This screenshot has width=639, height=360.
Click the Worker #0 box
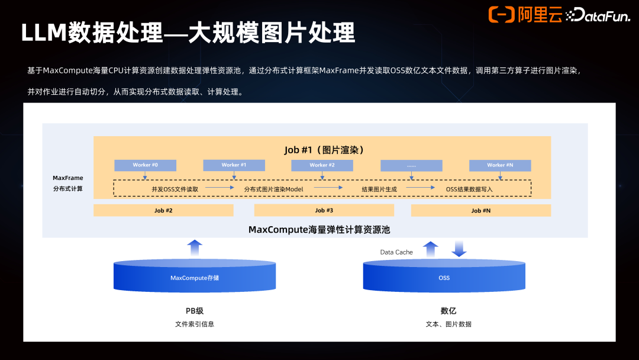[x=145, y=165]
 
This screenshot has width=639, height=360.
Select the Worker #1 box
[x=234, y=165]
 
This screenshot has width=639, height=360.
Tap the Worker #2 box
[x=322, y=165]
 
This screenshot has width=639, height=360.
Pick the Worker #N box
[x=500, y=165]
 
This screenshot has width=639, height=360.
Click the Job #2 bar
[x=163, y=210]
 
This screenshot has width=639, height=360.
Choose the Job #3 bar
[x=324, y=210]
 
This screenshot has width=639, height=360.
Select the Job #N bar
[x=480, y=210]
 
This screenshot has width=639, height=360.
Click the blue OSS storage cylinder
[x=444, y=277]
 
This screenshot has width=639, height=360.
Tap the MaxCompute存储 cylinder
[x=195, y=277]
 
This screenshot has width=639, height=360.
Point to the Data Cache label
[x=396, y=252]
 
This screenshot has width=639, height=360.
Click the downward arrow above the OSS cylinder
[x=459, y=249]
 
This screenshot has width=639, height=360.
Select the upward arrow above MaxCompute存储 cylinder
[x=195, y=247]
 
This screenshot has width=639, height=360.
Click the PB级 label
[x=195, y=311]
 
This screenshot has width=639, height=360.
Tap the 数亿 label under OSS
[x=448, y=311]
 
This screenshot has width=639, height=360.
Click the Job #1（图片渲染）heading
[x=324, y=150]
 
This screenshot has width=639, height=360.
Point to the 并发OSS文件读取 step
[x=175, y=189]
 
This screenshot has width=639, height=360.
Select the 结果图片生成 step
[x=379, y=189]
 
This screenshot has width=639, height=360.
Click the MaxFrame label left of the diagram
[x=67, y=178]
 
